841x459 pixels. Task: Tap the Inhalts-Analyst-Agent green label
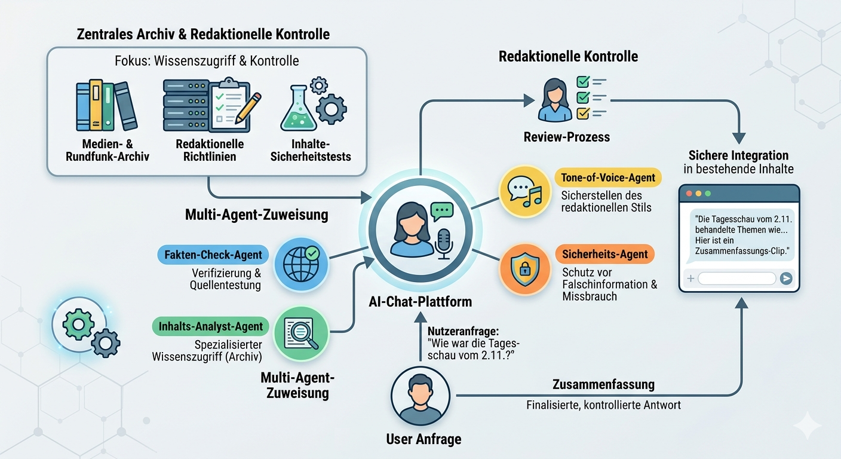(211, 326)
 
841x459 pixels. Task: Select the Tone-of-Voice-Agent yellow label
(608, 178)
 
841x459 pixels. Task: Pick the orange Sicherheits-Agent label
(605, 254)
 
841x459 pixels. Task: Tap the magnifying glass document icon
(302, 332)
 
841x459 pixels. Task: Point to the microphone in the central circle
(443, 243)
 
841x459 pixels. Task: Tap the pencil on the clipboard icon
(248, 108)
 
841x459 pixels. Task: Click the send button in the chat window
(786, 279)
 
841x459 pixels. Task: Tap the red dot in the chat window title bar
(689, 194)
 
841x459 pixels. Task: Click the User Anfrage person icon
(420, 395)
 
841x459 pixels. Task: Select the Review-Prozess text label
(566, 137)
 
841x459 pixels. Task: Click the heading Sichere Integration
(738, 155)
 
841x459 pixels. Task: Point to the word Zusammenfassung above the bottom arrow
(603, 384)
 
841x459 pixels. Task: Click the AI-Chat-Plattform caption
(420, 302)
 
